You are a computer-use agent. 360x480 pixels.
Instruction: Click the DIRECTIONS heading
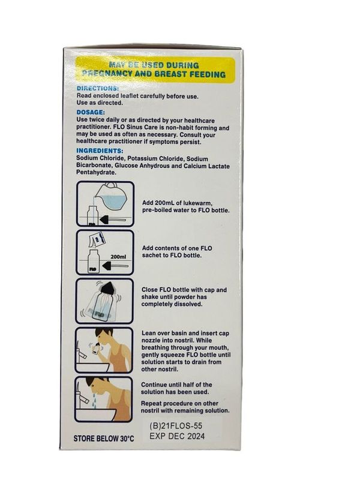(97, 88)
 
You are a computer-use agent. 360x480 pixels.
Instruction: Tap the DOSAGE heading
(91, 112)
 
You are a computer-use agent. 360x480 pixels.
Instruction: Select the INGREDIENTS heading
(100, 151)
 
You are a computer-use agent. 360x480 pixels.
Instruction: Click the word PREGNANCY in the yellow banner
(107, 73)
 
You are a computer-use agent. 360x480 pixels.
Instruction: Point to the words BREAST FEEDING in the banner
(190, 74)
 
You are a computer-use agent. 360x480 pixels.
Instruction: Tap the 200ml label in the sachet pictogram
(118, 257)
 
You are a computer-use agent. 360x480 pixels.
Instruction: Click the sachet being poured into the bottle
(97, 240)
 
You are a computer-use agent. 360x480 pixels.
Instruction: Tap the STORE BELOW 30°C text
(104, 439)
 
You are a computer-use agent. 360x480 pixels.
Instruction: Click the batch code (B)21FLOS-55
(176, 425)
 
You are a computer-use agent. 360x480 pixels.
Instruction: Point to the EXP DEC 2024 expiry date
(177, 436)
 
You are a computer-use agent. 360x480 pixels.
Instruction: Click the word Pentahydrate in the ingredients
(96, 172)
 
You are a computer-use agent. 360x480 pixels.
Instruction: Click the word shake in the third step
(149, 297)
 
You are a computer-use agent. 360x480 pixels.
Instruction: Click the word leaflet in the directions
(130, 96)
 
